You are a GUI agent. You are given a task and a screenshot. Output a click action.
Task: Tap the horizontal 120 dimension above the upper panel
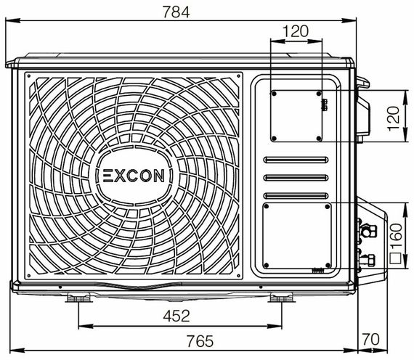click(x=295, y=30)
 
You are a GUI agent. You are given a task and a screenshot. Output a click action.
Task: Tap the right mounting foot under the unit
click(x=279, y=298)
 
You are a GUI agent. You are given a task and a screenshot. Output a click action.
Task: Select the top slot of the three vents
click(x=296, y=160)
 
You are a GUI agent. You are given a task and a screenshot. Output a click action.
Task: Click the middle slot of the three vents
click(x=296, y=178)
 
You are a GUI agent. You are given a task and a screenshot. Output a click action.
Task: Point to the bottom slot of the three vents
click(x=296, y=195)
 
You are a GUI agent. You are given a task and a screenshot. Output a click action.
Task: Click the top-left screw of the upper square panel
click(x=273, y=93)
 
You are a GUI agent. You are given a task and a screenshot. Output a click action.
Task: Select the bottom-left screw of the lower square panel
click(x=267, y=264)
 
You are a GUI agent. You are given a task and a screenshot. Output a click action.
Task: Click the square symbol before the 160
click(x=395, y=255)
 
